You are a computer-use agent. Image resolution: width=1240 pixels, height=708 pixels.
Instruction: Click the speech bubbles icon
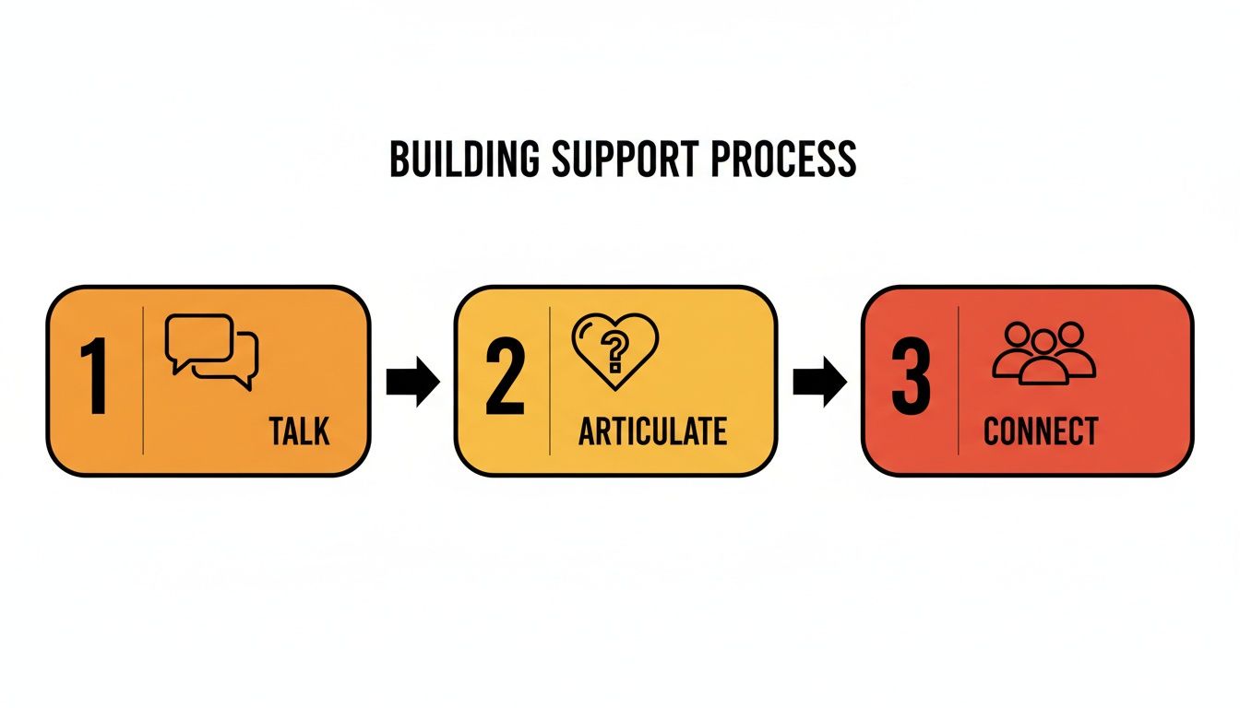point(211,351)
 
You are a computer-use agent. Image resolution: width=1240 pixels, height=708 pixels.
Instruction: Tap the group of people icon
point(1043,352)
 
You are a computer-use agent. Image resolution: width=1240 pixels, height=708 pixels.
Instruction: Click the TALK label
point(300,431)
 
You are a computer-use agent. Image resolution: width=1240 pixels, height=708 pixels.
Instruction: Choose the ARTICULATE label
point(652,431)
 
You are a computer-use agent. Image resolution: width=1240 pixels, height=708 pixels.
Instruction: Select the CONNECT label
point(1041,431)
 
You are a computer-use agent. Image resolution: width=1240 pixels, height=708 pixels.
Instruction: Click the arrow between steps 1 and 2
point(412,382)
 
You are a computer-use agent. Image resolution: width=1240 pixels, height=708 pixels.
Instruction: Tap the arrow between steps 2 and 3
point(819,382)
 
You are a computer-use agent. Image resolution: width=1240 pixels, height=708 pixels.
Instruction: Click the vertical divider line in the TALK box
point(143,381)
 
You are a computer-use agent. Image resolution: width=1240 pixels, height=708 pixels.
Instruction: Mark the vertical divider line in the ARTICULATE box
point(550,381)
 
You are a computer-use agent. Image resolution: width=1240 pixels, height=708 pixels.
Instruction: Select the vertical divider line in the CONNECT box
point(959,381)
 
